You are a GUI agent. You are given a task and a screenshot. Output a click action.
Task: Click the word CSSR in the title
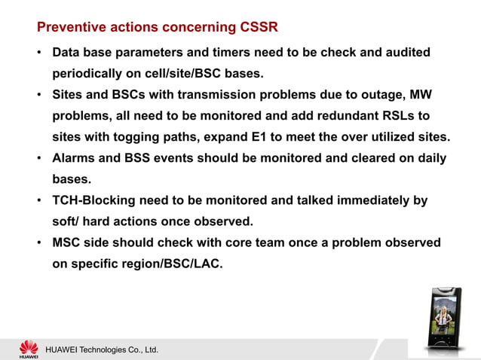coord(257,28)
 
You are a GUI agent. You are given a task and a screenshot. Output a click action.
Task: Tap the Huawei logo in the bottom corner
coord(28,348)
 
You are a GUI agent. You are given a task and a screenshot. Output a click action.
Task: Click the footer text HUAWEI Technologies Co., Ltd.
coord(102,350)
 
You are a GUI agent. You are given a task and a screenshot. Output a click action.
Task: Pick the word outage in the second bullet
coord(365,96)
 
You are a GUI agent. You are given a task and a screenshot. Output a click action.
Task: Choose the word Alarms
coord(76,159)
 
